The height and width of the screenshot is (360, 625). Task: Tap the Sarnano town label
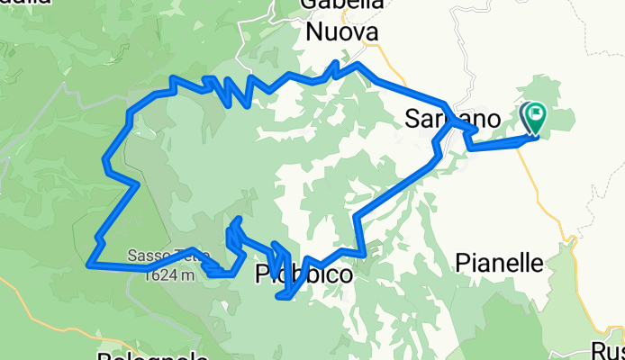[452, 118]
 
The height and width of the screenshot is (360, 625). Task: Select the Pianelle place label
[500, 263]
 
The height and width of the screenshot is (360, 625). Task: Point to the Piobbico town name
[303, 275]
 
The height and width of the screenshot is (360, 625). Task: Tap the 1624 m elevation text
[169, 275]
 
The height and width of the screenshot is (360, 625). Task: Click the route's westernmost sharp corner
[88, 265]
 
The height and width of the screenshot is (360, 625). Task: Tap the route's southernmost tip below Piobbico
[286, 297]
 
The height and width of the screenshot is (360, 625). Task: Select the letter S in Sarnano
[413, 118]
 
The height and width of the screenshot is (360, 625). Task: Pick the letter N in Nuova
[316, 33]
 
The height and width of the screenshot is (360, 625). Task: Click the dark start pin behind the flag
[526, 115]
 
